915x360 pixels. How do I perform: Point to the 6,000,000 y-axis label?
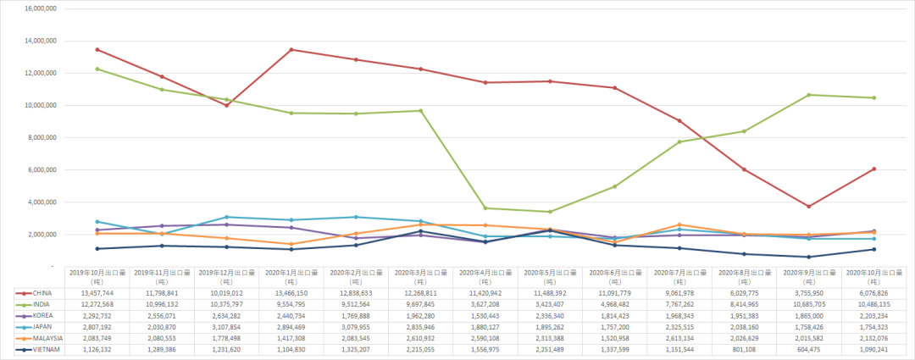click(x=42, y=169)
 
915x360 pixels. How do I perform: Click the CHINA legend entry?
click(x=42, y=292)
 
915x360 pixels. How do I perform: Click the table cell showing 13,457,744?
click(x=97, y=292)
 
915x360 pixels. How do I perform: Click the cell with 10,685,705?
click(x=810, y=303)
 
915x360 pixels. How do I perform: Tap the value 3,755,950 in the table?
click(x=810, y=292)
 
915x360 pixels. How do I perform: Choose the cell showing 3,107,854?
click(x=226, y=325)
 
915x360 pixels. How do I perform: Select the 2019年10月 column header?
click(x=97, y=277)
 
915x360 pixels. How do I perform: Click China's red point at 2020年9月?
click(x=809, y=206)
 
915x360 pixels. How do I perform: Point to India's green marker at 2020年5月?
click(x=550, y=212)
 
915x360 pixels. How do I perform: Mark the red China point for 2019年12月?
click(x=227, y=105)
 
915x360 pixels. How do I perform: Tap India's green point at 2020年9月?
click(x=809, y=95)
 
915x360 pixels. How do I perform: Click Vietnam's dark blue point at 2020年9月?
click(x=809, y=257)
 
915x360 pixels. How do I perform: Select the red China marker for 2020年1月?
click(x=291, y=50)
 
